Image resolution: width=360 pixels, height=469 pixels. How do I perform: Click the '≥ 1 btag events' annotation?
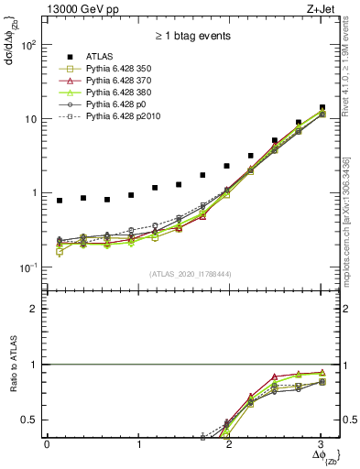(193, 36)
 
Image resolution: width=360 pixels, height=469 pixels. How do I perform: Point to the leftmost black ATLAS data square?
(60, 201)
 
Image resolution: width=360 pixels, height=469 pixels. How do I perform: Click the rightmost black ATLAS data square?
(322, 107)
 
